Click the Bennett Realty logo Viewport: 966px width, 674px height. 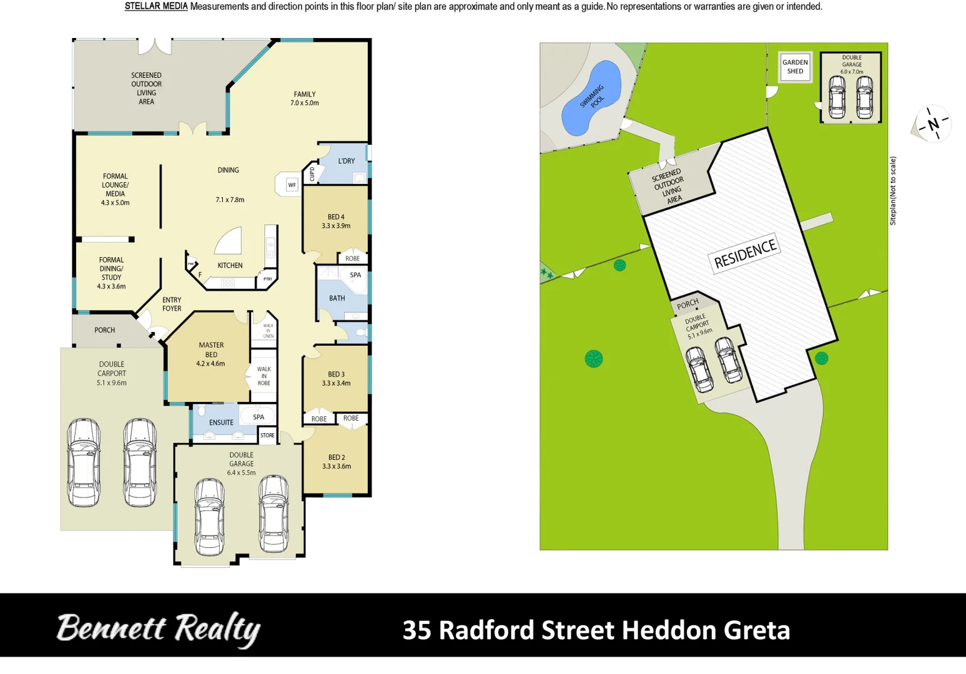158,629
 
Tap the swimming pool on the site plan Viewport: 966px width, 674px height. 591,97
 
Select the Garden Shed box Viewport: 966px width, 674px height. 795,67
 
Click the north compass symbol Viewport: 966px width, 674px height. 933,124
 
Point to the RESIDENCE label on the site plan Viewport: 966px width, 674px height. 745,253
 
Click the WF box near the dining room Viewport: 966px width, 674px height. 292,185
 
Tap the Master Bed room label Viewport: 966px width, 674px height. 211,354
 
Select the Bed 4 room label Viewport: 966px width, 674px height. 336,222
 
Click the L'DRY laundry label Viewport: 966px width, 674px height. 346,161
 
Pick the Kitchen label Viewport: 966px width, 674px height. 230,265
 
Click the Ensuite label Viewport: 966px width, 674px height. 221,422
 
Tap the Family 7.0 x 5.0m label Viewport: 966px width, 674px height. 305,99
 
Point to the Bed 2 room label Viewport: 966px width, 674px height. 336,462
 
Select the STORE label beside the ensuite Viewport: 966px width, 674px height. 267,435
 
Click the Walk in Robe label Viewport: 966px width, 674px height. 264,376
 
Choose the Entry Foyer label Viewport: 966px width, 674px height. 172,304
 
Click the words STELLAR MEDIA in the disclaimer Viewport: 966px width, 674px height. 156,7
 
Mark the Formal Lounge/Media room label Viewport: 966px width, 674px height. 115,189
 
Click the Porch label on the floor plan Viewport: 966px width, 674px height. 104,330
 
